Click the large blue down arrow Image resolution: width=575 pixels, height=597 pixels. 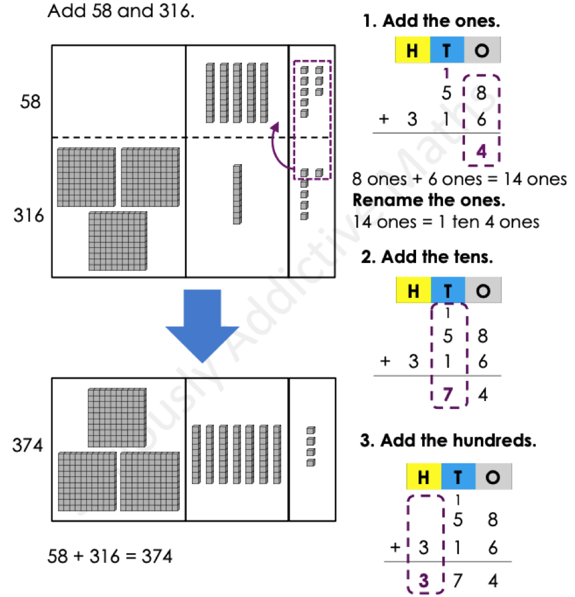click(202, 327)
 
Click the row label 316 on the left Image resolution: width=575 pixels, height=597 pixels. click(31, 215)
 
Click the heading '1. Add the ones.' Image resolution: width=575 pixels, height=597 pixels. click(431, 23)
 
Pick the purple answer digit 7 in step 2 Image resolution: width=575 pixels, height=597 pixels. click(449, 395)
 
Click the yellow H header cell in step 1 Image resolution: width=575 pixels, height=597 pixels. click(412, 51)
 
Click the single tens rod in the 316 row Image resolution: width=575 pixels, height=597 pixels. click(237, 194)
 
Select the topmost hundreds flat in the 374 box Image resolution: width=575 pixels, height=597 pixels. click(117, 418)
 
